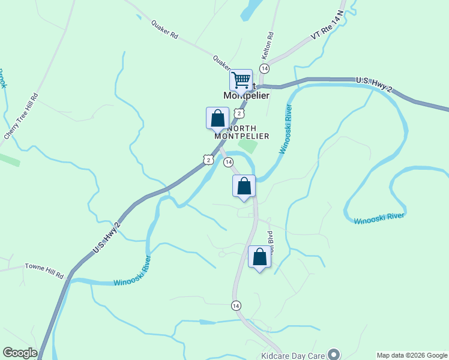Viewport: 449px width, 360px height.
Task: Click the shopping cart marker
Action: coord(241,80)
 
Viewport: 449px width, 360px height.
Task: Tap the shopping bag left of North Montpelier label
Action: coord(217,118)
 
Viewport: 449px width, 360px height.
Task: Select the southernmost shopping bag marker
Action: coord(259,258)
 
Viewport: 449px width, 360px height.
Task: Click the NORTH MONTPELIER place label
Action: coord(242,132)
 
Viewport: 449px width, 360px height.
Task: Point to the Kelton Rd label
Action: coord(268,46)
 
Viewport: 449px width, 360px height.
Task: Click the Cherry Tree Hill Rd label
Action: coord(22,116)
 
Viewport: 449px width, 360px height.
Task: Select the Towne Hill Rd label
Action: coord(44,270)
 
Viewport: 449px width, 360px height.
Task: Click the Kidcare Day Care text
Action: coord(293,355)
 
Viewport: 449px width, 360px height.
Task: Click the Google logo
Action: coord(20,353)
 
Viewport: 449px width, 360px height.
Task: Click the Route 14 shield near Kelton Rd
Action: coord(264,68)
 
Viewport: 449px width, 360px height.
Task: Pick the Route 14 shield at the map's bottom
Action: coord(236,306)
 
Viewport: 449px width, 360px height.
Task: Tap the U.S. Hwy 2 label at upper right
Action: coord(373,84)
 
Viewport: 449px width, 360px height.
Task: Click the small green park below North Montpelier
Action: coord(248,146)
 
